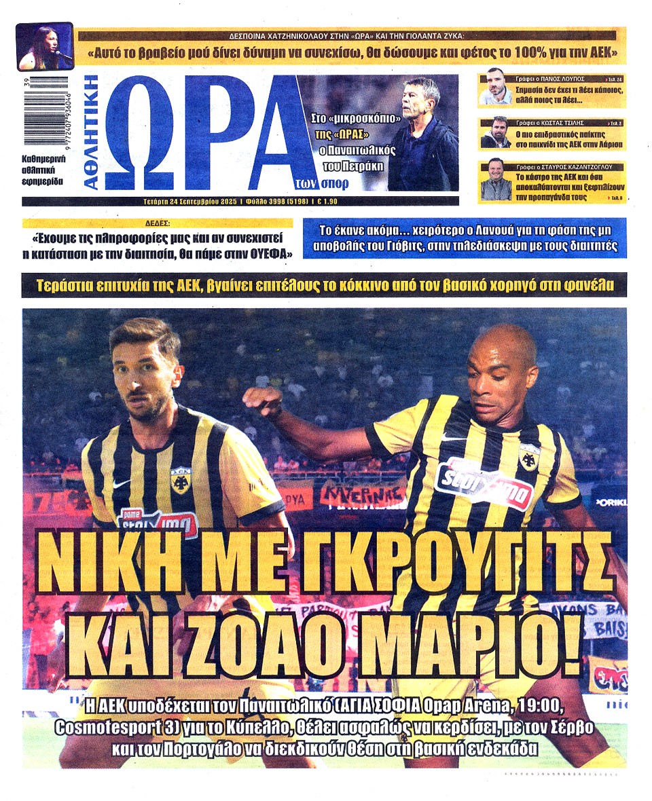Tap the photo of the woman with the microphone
(44, 47)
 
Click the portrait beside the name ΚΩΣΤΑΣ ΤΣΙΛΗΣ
(495, 132)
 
